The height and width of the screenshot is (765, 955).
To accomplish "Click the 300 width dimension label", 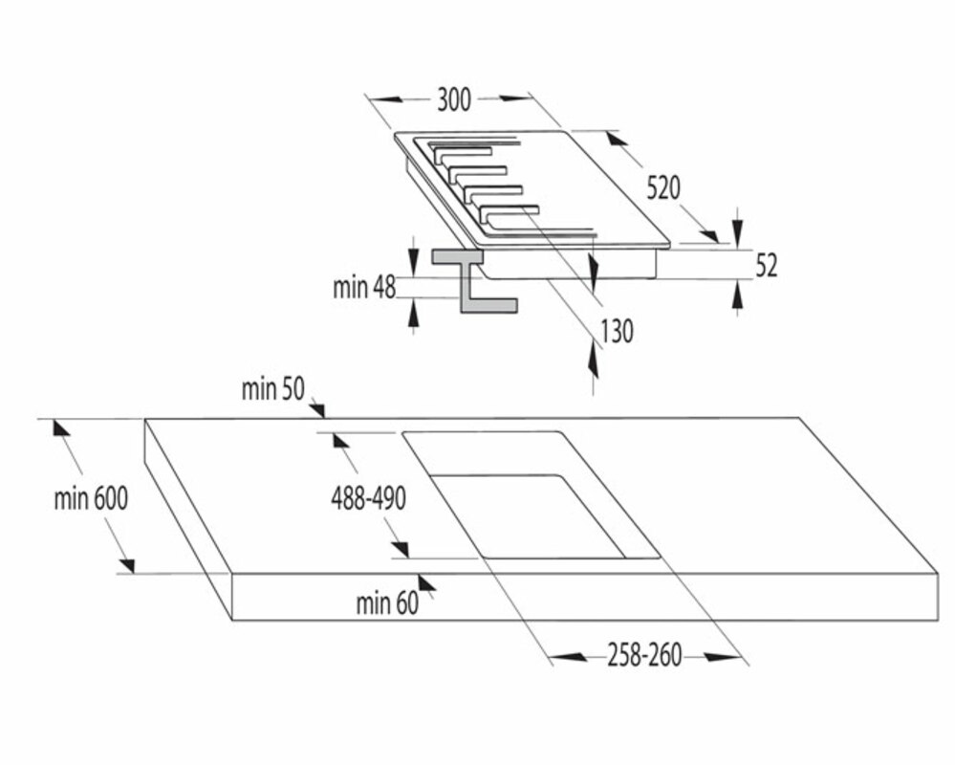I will point(454,99).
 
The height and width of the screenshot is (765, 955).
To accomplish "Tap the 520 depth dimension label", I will point(662,188).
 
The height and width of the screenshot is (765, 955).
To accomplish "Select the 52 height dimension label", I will point(767,266).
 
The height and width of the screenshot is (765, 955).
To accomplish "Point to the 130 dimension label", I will point(616,331).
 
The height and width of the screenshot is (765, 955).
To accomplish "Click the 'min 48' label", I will point(364,288).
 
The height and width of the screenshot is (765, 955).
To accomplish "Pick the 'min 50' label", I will point(272,389).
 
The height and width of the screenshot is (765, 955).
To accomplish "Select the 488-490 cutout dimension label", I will point(369,497).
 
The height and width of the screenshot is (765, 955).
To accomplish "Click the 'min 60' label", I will point(387,603).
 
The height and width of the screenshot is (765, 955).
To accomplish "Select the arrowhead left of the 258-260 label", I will point(569,657).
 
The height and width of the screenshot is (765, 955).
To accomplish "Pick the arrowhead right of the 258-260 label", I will point(722,657).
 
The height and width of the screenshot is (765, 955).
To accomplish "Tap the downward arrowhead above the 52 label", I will point(736,230).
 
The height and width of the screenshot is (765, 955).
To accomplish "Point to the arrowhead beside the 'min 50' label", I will point(317,409).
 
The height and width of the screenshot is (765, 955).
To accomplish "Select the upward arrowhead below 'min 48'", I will point(413,310).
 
